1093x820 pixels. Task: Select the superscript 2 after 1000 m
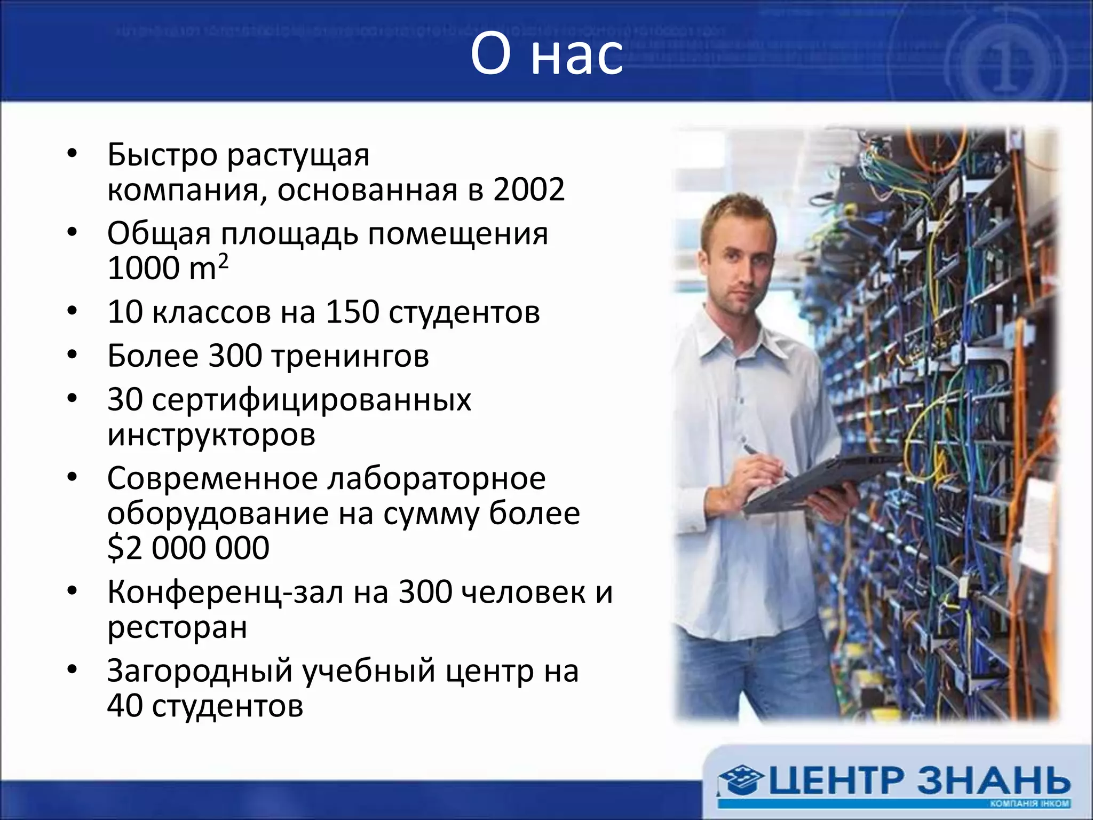223,261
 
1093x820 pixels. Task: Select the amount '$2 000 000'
188,548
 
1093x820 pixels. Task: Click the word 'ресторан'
177,627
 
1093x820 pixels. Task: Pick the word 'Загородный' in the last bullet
200,671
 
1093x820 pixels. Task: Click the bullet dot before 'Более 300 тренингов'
73,355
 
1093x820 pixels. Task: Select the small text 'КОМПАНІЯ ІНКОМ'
1029,804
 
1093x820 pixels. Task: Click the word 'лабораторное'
436,478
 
